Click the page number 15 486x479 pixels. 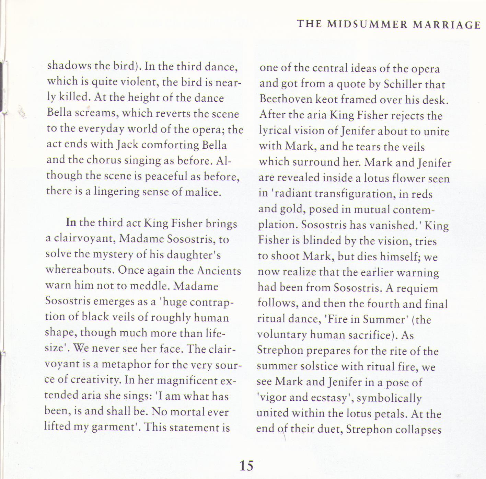pyautogui.click(x=246, y=465)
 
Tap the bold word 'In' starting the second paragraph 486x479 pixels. pyautogui.click(x=71, y=222)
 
